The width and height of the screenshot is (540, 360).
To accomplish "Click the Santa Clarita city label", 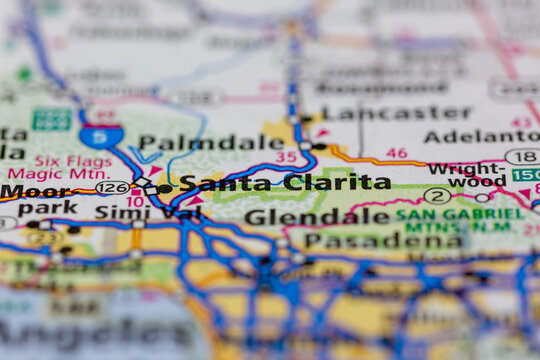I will tap(285, 183).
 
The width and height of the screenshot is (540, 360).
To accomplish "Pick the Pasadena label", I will tap(384, 240).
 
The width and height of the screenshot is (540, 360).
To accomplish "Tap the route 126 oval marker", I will tap(112, 187).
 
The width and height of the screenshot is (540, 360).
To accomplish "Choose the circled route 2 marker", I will tap(437, 196).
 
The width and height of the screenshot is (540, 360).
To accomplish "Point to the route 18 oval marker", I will tap(522, 157).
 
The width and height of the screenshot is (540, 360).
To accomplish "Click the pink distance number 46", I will tap(397, 153).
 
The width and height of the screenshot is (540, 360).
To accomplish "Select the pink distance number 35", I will tap(286, 157).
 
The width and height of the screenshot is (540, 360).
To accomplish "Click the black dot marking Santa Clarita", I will tap(165, 187).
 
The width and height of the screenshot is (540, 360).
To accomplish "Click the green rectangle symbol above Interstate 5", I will tap(51, 119).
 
